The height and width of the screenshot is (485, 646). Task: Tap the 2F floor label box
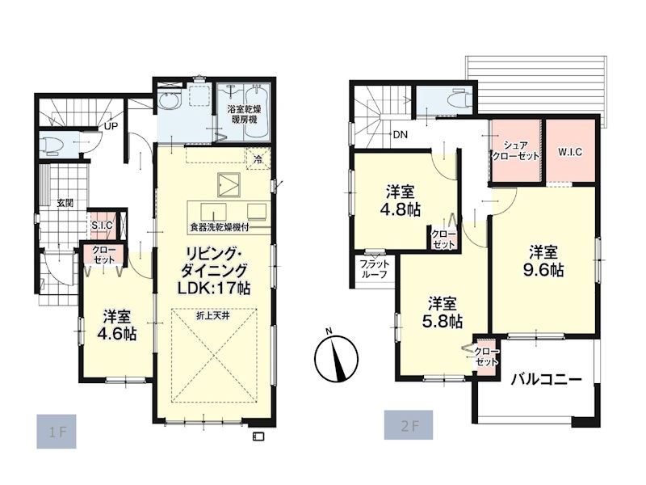409,425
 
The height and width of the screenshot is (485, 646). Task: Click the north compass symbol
336,356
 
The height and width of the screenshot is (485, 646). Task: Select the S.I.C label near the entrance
102,226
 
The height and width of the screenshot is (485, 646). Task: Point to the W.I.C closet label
570,152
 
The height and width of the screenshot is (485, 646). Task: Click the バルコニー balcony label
547,379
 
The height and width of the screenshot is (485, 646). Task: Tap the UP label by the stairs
111,126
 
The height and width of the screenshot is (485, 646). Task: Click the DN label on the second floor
400,134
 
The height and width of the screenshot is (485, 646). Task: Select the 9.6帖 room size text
543,270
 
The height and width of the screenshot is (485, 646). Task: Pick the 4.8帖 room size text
400,210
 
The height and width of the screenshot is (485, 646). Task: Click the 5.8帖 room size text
442,322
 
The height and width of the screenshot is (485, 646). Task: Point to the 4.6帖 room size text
116,334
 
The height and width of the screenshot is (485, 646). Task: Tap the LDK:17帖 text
214,288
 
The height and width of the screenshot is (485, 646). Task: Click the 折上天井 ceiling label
212,316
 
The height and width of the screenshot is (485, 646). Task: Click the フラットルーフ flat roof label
374,269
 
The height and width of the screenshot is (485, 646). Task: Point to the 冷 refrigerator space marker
258,159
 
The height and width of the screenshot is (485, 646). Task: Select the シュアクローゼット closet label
516,150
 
